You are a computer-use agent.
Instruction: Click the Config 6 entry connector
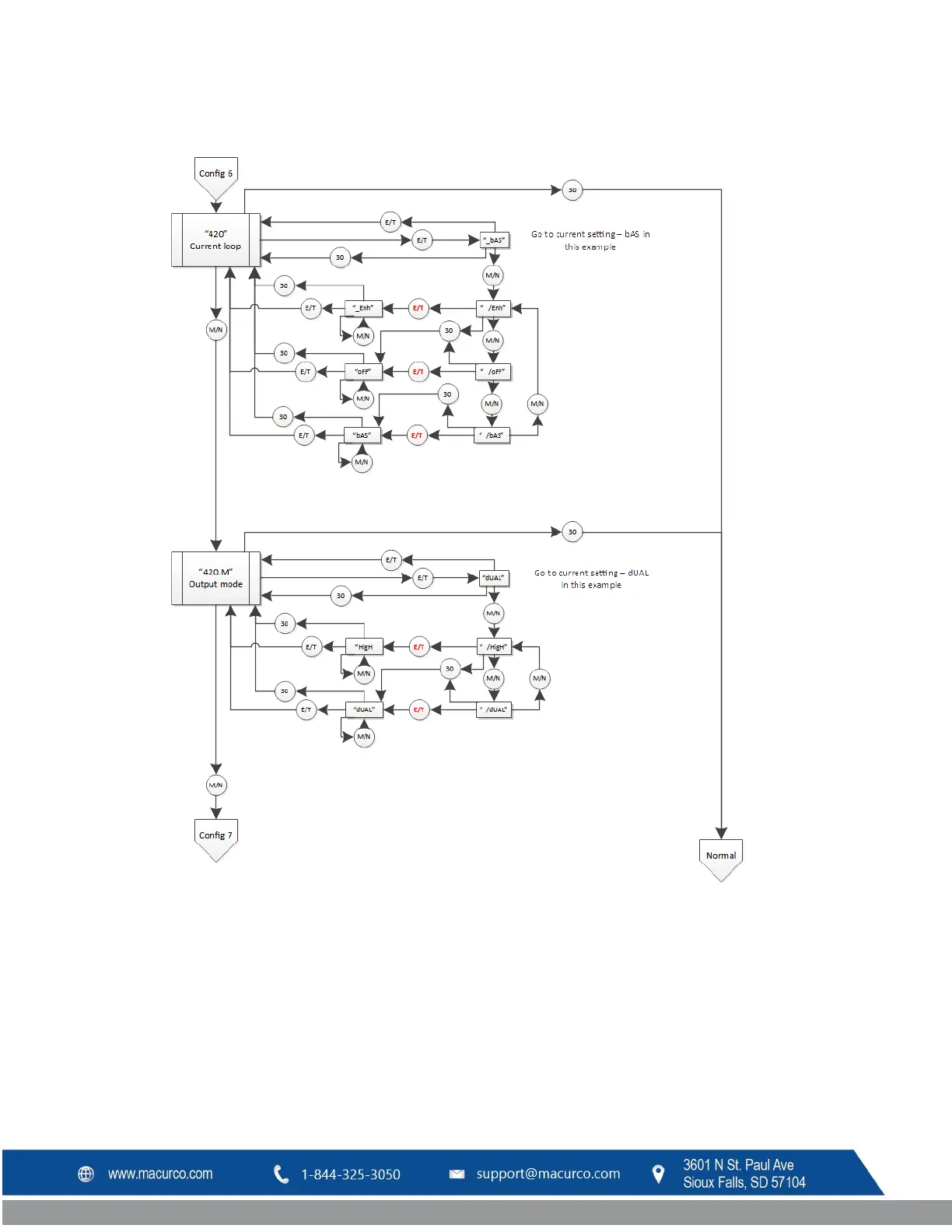click(215, 174)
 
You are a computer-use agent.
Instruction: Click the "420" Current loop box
click(215, 240)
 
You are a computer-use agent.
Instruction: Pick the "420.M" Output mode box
click(215, 578)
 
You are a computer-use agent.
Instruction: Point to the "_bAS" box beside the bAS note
click(495, 240)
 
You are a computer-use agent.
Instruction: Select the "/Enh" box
click(494, 308)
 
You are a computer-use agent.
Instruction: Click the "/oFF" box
click(494, 372)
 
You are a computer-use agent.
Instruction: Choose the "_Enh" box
click(363, 308)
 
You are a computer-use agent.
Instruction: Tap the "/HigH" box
click(495, 647)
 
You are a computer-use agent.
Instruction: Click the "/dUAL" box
click(495, 709)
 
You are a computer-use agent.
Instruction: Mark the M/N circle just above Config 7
click(215, 786)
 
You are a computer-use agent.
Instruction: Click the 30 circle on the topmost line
click(572, 190)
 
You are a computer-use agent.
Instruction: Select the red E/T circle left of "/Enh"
click(418, 308)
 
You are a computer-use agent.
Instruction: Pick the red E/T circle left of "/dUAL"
click(419, 709)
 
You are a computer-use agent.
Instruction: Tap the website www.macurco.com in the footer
click(160, 1174)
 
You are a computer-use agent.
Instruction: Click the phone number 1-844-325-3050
click(351, 1174)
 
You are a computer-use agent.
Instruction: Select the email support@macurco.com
click(548, 1174)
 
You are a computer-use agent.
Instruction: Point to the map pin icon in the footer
click(658, 1174)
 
